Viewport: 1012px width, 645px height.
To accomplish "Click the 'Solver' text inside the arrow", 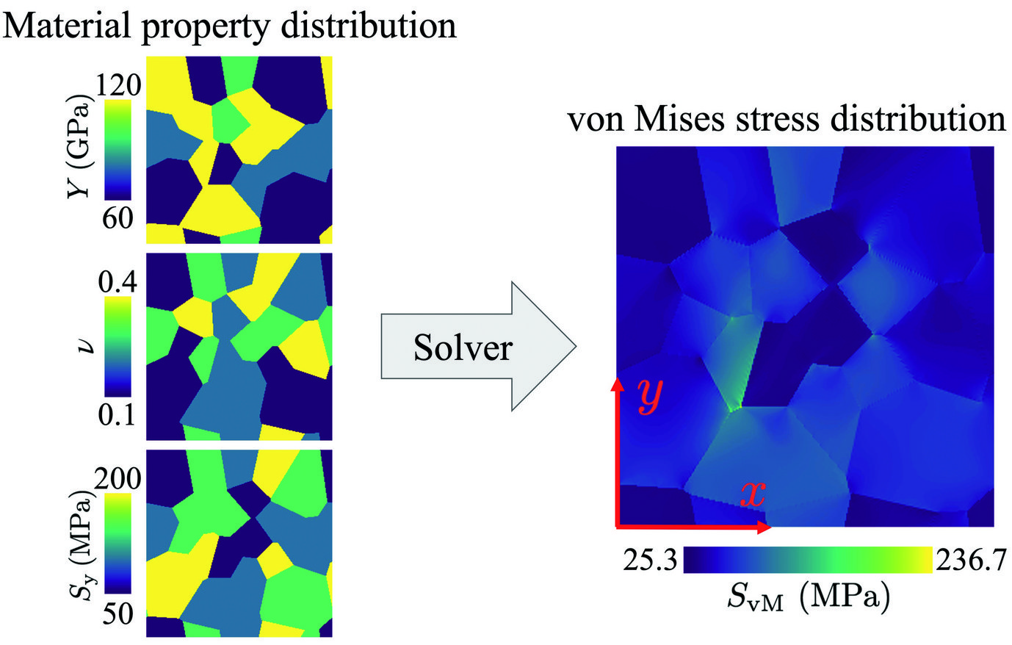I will pyautogui.click(x=462, y=347).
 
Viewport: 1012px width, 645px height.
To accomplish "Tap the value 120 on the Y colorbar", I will pyautogui.click(x=117, y=86).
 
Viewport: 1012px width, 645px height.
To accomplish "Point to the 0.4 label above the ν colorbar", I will pyautogui.click(x=117, y=282).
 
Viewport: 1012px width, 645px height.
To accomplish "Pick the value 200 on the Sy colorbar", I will pyautogui.click(x=117, y=479).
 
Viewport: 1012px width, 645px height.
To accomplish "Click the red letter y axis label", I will pyautogui.click(x=650, y=396).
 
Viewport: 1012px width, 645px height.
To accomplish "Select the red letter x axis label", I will pyautogui.click(x=752, y=494).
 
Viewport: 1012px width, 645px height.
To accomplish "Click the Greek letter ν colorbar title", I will pyautogui.click(x=83, y=346).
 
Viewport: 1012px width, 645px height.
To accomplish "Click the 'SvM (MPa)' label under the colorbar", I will pyautogui.click(x=808, y=599).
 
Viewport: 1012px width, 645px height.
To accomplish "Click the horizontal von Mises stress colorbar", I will pyautogui.click(x=808, y=561).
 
